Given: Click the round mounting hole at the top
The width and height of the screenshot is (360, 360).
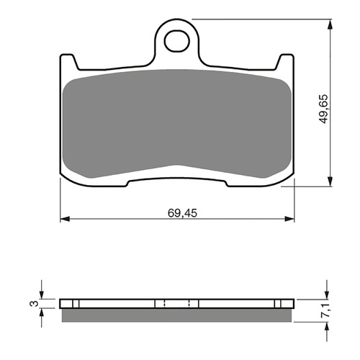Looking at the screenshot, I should coord(177,41).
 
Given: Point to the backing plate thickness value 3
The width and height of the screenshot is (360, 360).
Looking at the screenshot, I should coord(32,303).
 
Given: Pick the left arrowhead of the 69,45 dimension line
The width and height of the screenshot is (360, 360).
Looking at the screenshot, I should coord(63,218).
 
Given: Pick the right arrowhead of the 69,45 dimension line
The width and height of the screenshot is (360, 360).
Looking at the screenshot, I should coord(291,218).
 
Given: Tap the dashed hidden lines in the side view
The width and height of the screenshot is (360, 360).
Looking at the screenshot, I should coord(166,303).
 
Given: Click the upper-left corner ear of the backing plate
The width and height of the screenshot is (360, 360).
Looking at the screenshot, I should coord(66,60).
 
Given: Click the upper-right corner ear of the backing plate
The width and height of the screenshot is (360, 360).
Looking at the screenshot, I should coord(287,60).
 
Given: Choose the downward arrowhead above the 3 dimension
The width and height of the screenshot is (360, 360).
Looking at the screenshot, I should coord(42,294).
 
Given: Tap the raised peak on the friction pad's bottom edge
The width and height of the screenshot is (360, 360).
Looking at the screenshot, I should coord(176,167).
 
